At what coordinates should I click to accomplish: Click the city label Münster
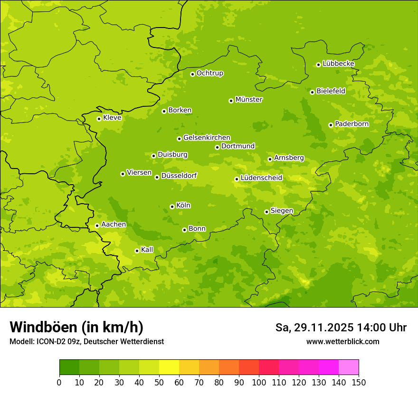tap(249, 100)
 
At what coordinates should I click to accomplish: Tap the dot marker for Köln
tap(172, 206)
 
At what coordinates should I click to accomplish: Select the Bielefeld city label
tap(331, 91)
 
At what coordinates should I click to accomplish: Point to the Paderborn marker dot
tap(331, 125)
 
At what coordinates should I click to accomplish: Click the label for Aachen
tap(114, 225)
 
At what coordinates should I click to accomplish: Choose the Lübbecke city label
tap(338, 64)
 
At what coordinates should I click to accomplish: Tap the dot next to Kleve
tap(99, 119)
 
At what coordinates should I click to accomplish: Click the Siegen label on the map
tap(282, 211)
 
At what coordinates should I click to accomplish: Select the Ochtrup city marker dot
tap(192, 74)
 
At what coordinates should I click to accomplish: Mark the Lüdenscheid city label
tap(261, 178)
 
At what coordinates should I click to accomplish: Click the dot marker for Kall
tap(137, 251)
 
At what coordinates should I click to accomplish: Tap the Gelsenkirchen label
tap(207, 138)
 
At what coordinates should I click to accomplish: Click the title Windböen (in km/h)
tap(76, 328)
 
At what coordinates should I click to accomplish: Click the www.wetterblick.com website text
tap(342, 341)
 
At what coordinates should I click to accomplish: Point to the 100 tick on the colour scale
tap(259, 382)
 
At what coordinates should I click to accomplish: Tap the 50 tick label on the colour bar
tap(159, 382)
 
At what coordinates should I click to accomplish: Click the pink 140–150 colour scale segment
tap(349, 367)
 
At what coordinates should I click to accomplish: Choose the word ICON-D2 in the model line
tap(49, 341)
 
